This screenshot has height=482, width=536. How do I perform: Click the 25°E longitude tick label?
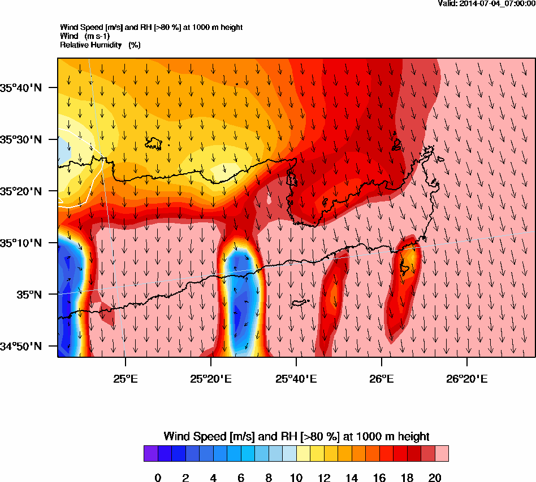tap(125, 377)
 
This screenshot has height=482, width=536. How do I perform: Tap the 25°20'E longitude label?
tap(210, 377)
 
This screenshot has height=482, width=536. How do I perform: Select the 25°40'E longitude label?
tap(296, 377)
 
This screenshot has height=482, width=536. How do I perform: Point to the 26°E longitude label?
tap(382, 377)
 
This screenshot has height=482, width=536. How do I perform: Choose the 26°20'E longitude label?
tap(467, 377)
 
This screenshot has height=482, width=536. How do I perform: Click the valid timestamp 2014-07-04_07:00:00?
tap(487, 4)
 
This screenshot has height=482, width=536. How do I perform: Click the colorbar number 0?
tap(158, 478)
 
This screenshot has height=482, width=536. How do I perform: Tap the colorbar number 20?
tap(434, 478)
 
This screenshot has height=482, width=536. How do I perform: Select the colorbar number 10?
tap(296, 478)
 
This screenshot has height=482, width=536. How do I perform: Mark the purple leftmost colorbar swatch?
tap(150, 454)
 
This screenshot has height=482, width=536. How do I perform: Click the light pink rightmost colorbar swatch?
tap(442, 454)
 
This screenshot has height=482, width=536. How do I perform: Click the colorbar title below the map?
tap(296, 436)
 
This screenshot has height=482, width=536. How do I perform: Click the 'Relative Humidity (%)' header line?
tap(100, 45)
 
